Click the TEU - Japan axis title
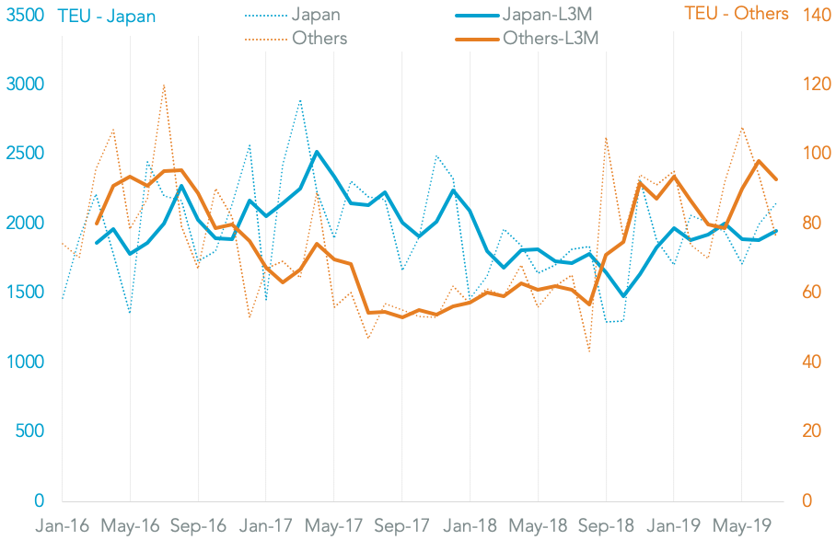(x=106, y=16)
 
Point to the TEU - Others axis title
(x=737, y=13)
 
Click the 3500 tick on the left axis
(x=25, y=15)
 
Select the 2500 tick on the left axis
(x=25, y=154)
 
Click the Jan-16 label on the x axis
(x=63, y=526)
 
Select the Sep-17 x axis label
(x=402, y=526)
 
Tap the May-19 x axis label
(x=741, y=526)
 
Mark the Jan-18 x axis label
(x=470, y=526)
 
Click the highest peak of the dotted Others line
(x=164, y=85)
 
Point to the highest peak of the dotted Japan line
(x=300, y=99)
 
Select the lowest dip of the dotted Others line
(x=588, y=351)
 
